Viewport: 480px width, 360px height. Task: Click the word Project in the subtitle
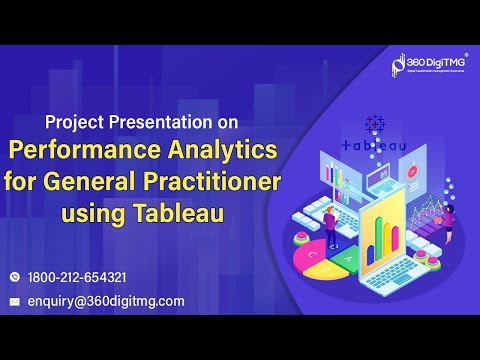77,125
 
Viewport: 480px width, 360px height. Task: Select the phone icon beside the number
15,277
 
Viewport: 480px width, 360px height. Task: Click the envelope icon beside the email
15,301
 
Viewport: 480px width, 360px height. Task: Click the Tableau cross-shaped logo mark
376,124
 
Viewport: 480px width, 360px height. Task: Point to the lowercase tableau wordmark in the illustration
374,145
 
